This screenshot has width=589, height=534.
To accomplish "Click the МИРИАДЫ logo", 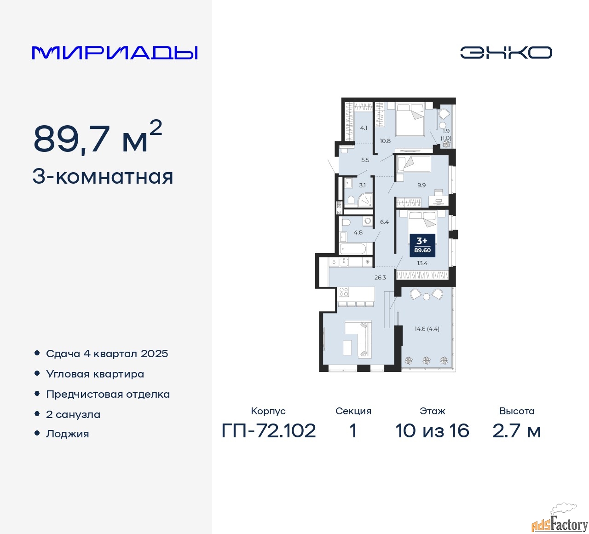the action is (x=115, y=52).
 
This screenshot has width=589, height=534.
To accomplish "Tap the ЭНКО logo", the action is (x=506, y=52).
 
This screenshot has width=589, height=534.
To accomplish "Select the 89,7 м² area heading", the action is (x=98, y=137).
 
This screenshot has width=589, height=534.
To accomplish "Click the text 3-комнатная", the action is (x=103, y=177).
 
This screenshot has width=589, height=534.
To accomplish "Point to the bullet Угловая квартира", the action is (x=95, y=374).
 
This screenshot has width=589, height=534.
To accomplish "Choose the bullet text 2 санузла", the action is (x=73, y=414).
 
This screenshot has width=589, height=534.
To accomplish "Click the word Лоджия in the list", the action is (x=67, y=434).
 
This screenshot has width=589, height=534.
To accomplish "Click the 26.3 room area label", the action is (x=380, y=277).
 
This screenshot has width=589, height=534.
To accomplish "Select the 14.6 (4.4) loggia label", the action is (x=427, y=329).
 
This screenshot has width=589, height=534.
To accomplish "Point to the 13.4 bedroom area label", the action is (x=422, y=263).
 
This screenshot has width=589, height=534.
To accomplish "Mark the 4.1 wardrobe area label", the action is (x=364, y=128).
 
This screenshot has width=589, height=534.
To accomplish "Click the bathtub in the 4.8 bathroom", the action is (x=352, y=249).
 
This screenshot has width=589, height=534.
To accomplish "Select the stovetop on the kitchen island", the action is (x=344, y=292).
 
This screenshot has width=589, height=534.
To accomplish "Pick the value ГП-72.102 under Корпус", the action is (x=269, y=430).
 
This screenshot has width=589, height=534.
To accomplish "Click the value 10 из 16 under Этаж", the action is (x=432, y=430).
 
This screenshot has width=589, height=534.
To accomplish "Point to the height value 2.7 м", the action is (x=516, y=430).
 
